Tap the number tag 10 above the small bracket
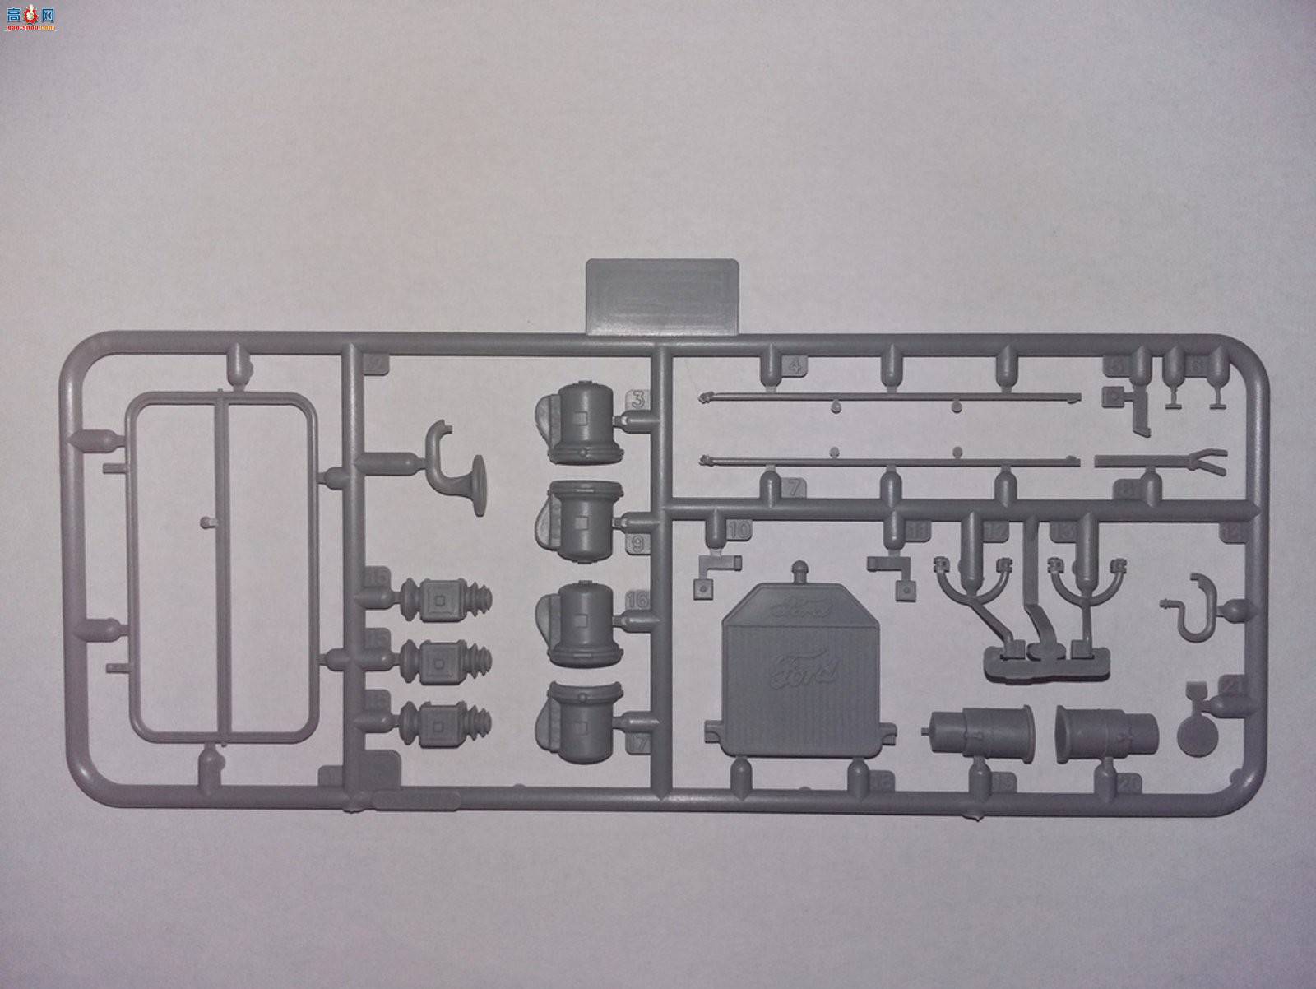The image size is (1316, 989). point(738,530)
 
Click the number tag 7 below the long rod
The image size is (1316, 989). point(792,487)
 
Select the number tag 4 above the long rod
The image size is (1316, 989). point(795,365)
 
